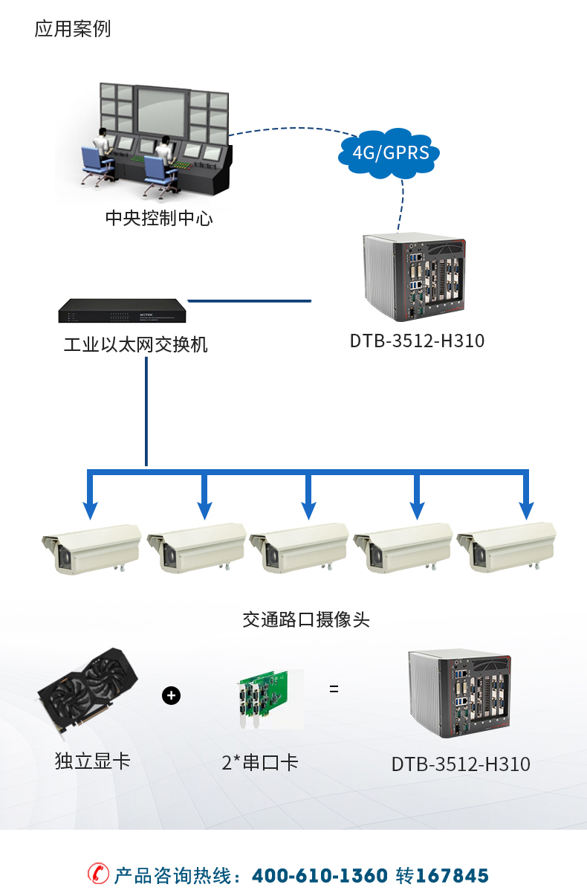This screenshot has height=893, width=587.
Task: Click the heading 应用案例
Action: (x=73, y=29)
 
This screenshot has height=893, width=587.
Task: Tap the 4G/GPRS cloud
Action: (x=389, y=153)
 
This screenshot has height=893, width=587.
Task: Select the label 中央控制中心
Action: (x=159, y=219)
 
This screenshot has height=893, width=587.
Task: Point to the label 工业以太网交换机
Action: (x=136, y=345)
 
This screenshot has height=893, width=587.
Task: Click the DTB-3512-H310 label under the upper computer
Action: (x=417, y=341)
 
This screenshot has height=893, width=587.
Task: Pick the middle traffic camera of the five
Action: (x=299, y=549)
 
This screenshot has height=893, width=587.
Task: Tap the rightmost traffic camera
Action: (x=507, y=549)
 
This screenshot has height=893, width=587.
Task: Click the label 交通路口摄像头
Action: (x=306, y=619)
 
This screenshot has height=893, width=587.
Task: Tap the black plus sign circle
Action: (x=171, y=696)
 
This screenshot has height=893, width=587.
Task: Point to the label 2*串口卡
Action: (x=260, y=762)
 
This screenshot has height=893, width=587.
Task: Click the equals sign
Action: (x=334, y=689)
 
